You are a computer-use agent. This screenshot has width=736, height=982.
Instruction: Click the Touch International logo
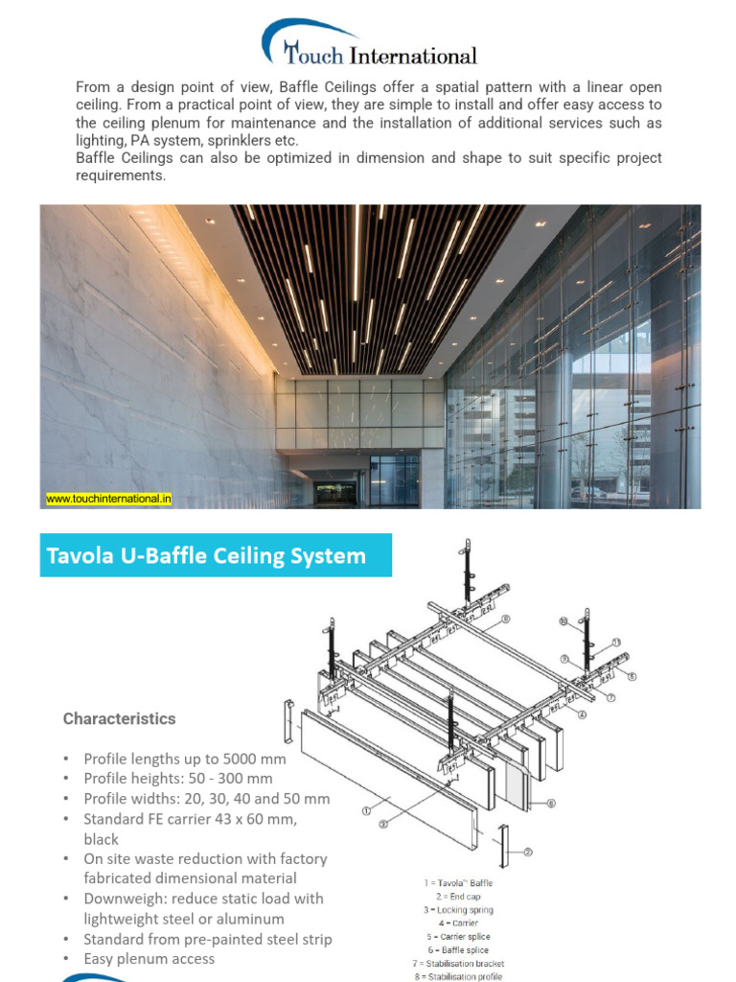(x=368, y=46)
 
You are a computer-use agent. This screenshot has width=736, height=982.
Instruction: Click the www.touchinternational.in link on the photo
(x=109, y=499)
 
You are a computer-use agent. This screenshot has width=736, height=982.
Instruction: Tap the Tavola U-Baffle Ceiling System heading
(x=207, y=555)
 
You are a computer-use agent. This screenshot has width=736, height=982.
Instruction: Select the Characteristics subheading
(x=120, y=718)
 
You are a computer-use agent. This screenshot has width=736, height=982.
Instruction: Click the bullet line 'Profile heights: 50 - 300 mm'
(x=178, y=779)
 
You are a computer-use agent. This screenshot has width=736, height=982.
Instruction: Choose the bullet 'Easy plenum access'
(x=149, y=959)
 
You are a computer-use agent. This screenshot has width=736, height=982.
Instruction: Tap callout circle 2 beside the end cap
(x=528, y=852)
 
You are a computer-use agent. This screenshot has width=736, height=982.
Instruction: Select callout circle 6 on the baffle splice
(x=551, y=802)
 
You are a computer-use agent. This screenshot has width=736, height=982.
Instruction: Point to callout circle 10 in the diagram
(x=563, y=621)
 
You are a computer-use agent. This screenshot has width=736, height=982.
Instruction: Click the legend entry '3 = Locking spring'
(x=457, y=909)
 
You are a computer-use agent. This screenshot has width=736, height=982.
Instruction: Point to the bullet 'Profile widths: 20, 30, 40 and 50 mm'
(x=207, y=799)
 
